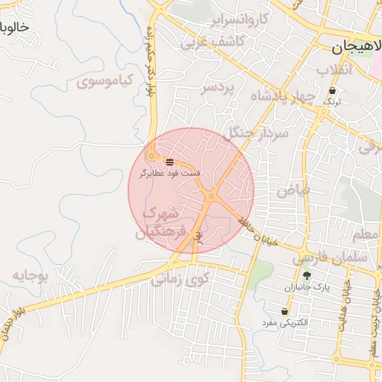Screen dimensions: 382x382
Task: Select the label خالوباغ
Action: pyautogui.click(x=16, y=28)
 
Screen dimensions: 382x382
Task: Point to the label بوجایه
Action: pyautogui.click(x=30, y=276)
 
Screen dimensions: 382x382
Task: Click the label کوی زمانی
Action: pyautogui.click(x=181, y=280)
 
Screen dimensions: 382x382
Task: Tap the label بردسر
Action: pyautogui.click(x=217, y=88)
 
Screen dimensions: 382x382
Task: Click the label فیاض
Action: pyautogui.click(x=293, y=190)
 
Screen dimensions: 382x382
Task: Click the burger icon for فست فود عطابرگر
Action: pyautogui.click(x=170, y=161)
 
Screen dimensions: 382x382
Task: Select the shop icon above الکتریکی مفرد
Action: pyautogui.click(x=284, y=311)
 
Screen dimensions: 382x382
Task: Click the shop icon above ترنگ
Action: pyautogui.click(x=332, y=90)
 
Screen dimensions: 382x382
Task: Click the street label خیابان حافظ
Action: pyautogui.click(x=259, y=231)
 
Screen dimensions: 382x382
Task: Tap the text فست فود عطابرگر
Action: pyautogui.click(x=170, y=173)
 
